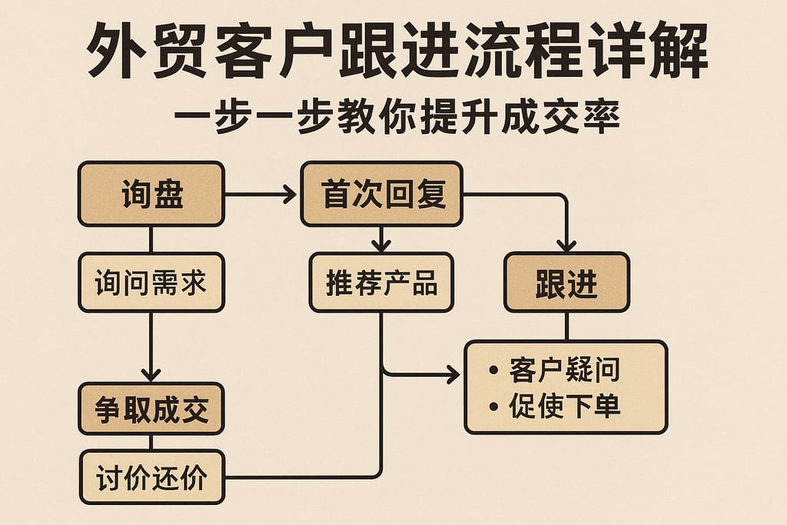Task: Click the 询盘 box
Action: pos(151,194)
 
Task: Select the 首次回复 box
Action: pos(382,194)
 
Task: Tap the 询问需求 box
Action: pos(151,283)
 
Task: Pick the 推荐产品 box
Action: pos(382,283)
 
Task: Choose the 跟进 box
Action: pos(566,283)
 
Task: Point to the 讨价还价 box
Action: pos(151,477)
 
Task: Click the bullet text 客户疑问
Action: pos(564,371)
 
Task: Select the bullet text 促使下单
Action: pos(564,406)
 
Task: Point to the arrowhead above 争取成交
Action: pos(151,374)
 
